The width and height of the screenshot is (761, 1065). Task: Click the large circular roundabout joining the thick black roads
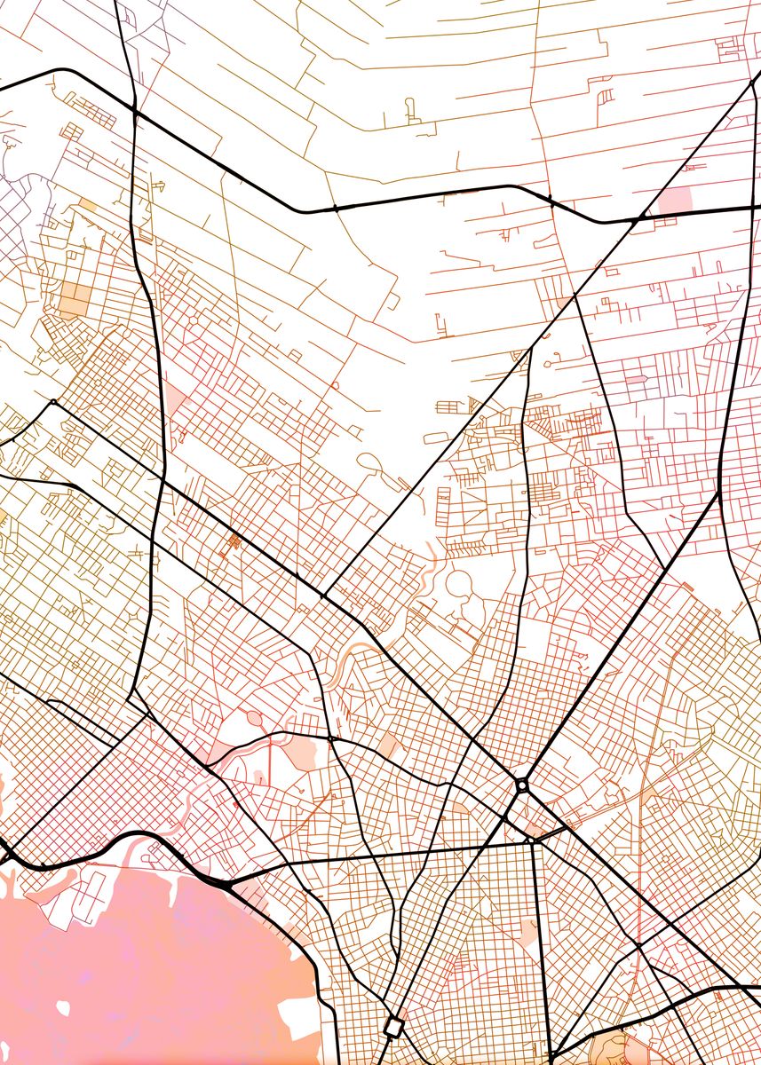pos(522,785)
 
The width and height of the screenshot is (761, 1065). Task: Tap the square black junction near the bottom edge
pos(393,1027)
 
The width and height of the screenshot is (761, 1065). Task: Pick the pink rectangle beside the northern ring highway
pos(676,200)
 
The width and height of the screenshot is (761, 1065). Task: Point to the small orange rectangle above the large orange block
pos(87,204)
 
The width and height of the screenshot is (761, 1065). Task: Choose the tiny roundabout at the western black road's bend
pos(53,402)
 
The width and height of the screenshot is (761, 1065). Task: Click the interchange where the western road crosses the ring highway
pos(134,110)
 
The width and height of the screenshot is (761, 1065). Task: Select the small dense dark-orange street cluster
pos(234,540)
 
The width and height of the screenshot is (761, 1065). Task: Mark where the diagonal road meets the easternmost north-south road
pos(717,494)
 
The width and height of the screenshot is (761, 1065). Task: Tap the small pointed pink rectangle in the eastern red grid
pos(637,380)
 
